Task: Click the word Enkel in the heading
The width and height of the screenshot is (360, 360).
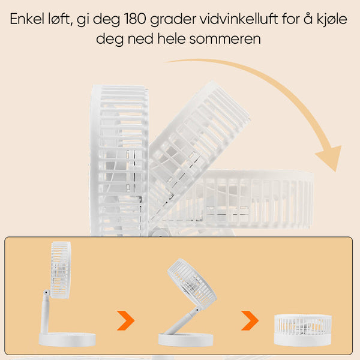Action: coord(26,19)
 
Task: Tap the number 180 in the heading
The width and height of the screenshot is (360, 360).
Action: coord(135,19)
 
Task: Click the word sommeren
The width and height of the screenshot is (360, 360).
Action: coord(225,39)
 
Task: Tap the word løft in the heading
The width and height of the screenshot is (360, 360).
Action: coord(61,19)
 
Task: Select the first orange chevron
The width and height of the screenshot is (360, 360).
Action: coord(125,320)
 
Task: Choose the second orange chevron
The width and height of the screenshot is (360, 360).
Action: coord(250,320)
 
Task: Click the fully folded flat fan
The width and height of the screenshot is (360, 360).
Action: coord(303,330)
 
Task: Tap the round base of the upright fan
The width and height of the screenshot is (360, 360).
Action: coord(67,340)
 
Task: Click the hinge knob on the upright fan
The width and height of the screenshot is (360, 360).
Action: coord(46,293)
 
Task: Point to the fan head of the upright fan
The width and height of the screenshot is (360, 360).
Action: coord(61,270)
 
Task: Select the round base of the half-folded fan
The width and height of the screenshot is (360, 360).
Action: coord(186,340)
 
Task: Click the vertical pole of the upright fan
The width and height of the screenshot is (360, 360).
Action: coord(45,315)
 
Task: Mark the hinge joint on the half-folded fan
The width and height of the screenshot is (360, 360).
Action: coord(197,310)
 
